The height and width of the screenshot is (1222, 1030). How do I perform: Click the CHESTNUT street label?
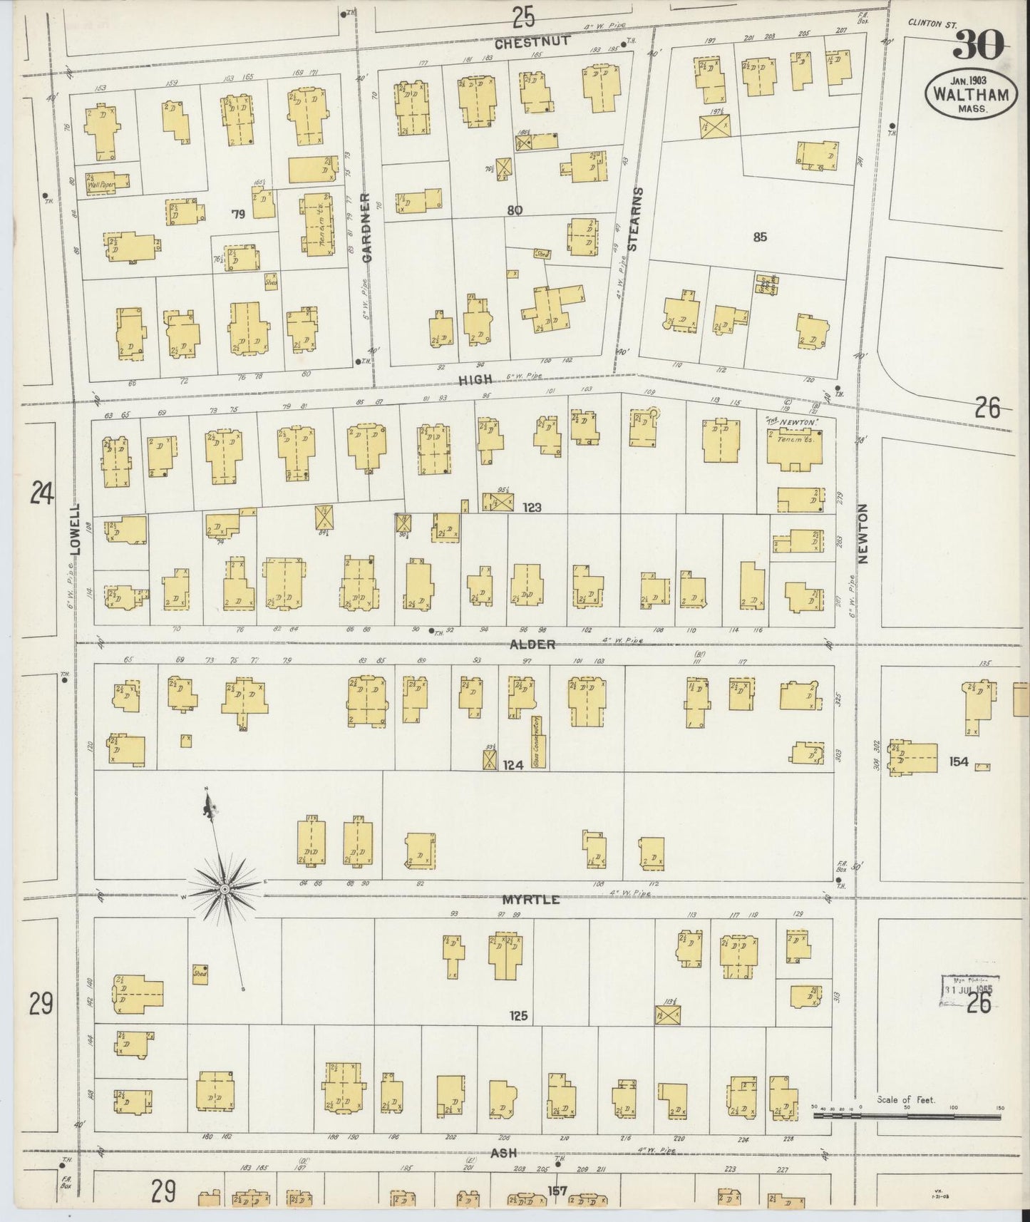click(532, 42)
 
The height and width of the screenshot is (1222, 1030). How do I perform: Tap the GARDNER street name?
click(366, 227)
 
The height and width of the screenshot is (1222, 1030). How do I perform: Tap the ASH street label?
click(503, 1153)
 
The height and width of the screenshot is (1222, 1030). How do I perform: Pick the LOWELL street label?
click(77, 531)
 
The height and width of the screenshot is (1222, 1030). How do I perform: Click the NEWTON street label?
click(862, 534)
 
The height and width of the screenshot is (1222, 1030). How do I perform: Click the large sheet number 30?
click(978, 46)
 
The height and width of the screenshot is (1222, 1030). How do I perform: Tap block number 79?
click(238, 213)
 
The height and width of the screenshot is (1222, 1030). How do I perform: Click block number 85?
click(760, 237)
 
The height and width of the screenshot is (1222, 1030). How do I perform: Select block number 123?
click(532, 508)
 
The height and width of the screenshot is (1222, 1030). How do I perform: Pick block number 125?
click(518, 1015)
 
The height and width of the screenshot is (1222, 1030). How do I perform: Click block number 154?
click(959, 761)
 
